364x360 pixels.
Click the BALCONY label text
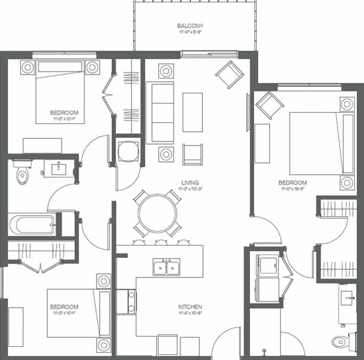(190, 26)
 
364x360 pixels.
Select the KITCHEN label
(190, 306)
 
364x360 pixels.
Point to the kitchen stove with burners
(126, 302)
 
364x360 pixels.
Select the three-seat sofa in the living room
(159, 112)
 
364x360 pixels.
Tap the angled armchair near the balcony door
(227, 75)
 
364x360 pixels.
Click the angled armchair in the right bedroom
(270, 105)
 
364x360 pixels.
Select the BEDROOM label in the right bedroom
(292, 183)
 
